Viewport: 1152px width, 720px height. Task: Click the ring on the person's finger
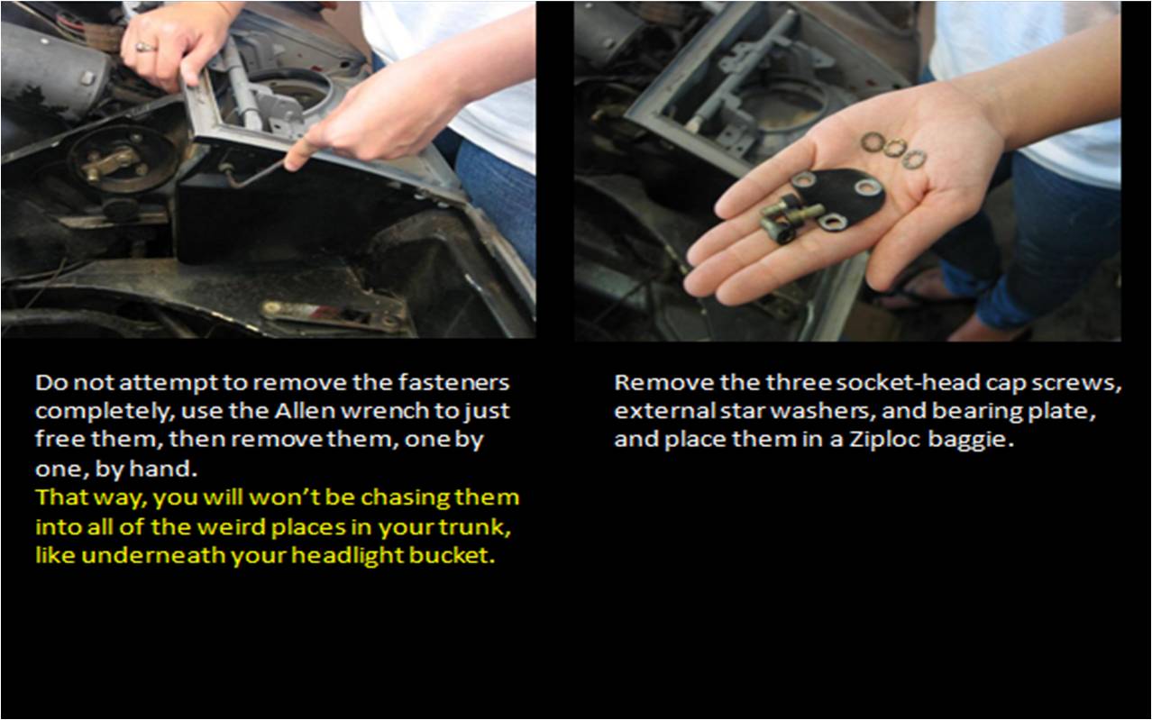(x=145, y=47)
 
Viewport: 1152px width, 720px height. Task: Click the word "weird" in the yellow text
(x=233, y=527)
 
